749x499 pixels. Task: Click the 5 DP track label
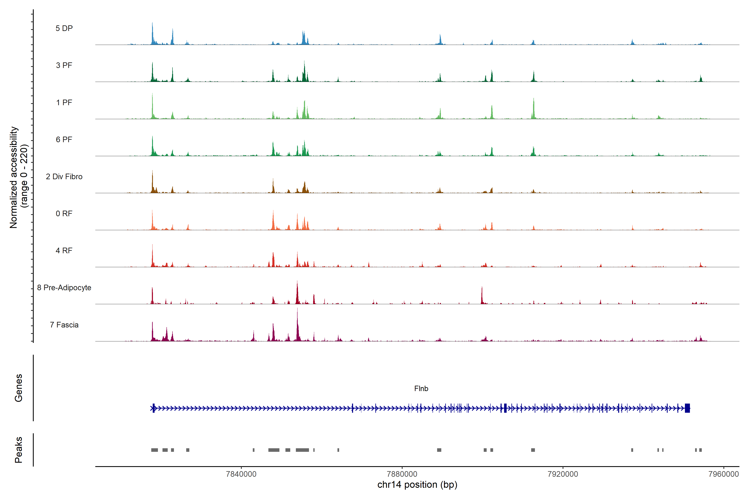pos(64,28)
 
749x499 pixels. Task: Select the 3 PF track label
pos(64,65)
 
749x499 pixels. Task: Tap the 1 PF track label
pos(64,103)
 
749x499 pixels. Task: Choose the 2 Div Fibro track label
pos(64,177)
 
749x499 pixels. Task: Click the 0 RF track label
pos(64,214)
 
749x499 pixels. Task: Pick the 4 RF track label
pos(64,251)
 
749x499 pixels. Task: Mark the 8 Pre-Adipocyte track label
pos(64,288)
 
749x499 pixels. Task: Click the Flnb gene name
pos(421,389)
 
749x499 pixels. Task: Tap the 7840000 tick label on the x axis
pos(241,474)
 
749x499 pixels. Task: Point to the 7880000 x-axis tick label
pos(402,474)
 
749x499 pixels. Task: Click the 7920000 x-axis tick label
pos(563,474)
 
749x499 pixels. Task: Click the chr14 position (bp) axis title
pos(417,485)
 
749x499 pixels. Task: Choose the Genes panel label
pos(19,388)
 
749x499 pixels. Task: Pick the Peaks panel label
pos(19,450)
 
